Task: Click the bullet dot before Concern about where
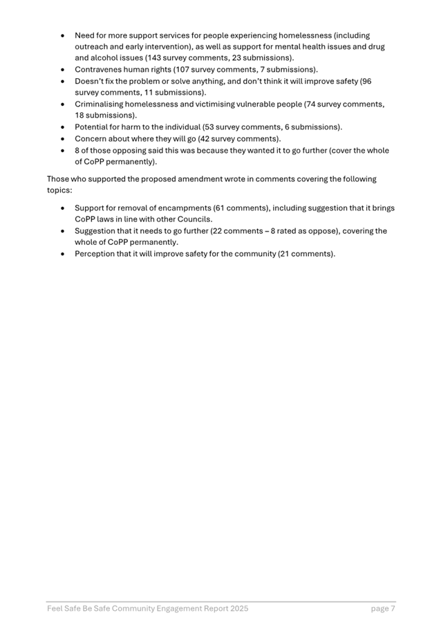[63, 139]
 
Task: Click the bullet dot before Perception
[63, 254]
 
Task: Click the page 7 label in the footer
[383, 608]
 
